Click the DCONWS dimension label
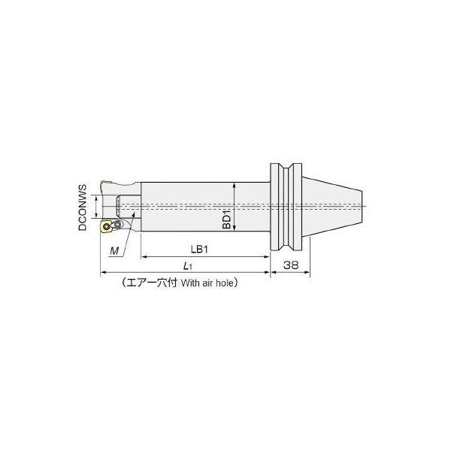pyautogui.click(x=83, y=207)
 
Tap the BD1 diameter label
pyautogui.click(x=227, y=219)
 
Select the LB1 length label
pyautogui.click(x=199, y=250)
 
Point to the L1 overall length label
pyautogui.click(x=188, y=266)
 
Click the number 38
pyautogui.click(x=291, y=265)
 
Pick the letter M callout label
pyautogui.click(x=114, y=251)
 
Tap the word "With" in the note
pyautogui.click(x=190, y=283)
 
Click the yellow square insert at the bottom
pyautogui.click(x=106, y=226)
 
